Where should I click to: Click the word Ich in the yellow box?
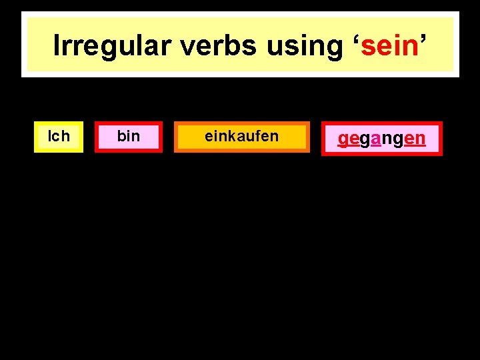coord(59,137)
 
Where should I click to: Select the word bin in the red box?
coord(128,137)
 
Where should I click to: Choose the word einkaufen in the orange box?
coord(241,137)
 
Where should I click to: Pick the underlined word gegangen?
coord(381,139)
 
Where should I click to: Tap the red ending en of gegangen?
coord(415,139)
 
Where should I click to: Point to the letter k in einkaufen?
coord(231,137)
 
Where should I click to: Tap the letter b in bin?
coord(121,137)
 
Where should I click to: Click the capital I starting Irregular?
coord(57,46)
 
